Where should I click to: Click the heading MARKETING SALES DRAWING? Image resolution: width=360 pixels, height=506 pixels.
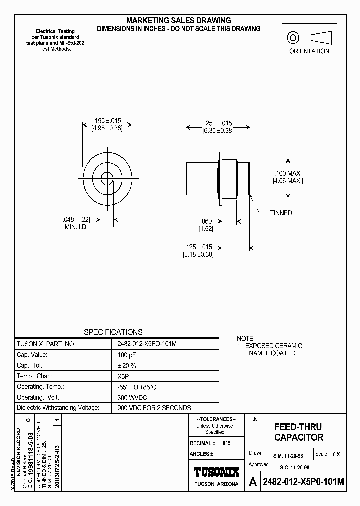(178, 20)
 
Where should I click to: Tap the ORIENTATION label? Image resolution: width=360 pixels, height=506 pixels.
(309, 51)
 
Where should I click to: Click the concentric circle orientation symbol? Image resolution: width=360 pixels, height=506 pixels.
(292, 38)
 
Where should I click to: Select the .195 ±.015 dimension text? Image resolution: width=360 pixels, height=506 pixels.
(107, 121)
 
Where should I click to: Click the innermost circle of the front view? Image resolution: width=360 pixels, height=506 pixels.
(107, 178)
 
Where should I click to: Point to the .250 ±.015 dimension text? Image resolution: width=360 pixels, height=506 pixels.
(218, 123)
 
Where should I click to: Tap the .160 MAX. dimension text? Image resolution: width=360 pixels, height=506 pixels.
(288, 173)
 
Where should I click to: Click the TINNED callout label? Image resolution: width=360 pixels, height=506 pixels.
(281, 213)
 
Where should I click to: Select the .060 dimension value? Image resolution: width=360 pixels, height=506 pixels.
(205, 221)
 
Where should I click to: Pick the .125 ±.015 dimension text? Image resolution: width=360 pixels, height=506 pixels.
(198, 247)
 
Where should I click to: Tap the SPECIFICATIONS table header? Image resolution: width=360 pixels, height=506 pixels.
(113, 332)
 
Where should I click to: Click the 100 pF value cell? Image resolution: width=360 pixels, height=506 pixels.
(126, 355)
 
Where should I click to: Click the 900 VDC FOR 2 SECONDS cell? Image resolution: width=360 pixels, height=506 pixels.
(154, 408)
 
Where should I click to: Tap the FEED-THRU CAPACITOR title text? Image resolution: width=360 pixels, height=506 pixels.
(299, 432)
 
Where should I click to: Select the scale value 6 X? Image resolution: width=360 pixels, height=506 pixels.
(336, 454)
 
